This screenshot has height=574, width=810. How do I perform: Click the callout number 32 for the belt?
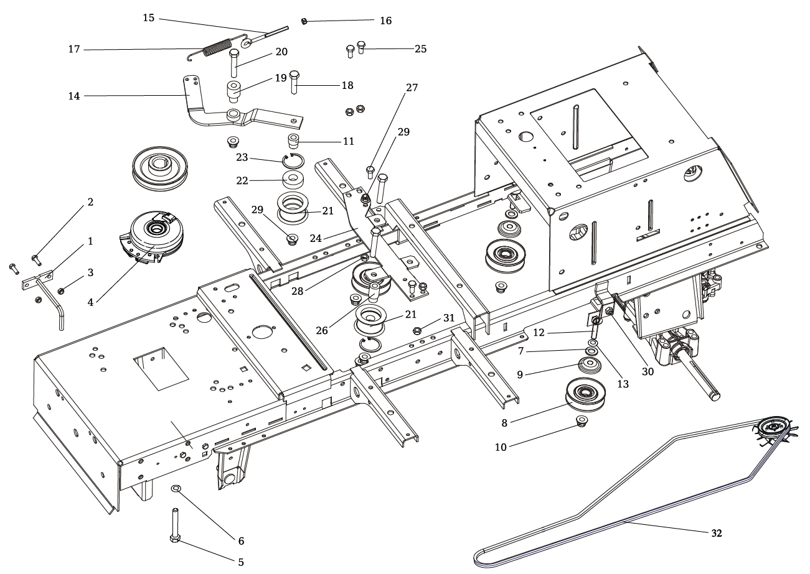pos(716,533)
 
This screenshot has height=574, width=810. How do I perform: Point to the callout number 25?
pos(420,49)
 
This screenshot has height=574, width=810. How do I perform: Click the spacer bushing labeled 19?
pos(234,90)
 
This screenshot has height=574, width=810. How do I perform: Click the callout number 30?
pos(648,372)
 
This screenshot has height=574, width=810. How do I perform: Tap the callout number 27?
pos(411,88)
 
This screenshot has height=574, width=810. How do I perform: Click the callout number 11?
pos(348,141)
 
